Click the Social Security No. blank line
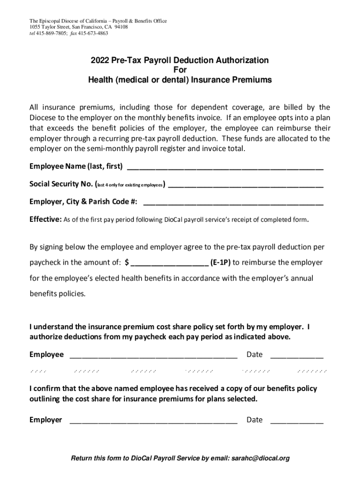(x=245, y=186)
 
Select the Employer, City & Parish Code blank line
(x=233, y=203)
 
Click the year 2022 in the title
(x=100, y=60)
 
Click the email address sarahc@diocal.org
(x=260, y=458)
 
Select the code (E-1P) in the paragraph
(x=220, y=262)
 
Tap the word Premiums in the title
(x=250, y=80)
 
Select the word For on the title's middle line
(x=180, y=70)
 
